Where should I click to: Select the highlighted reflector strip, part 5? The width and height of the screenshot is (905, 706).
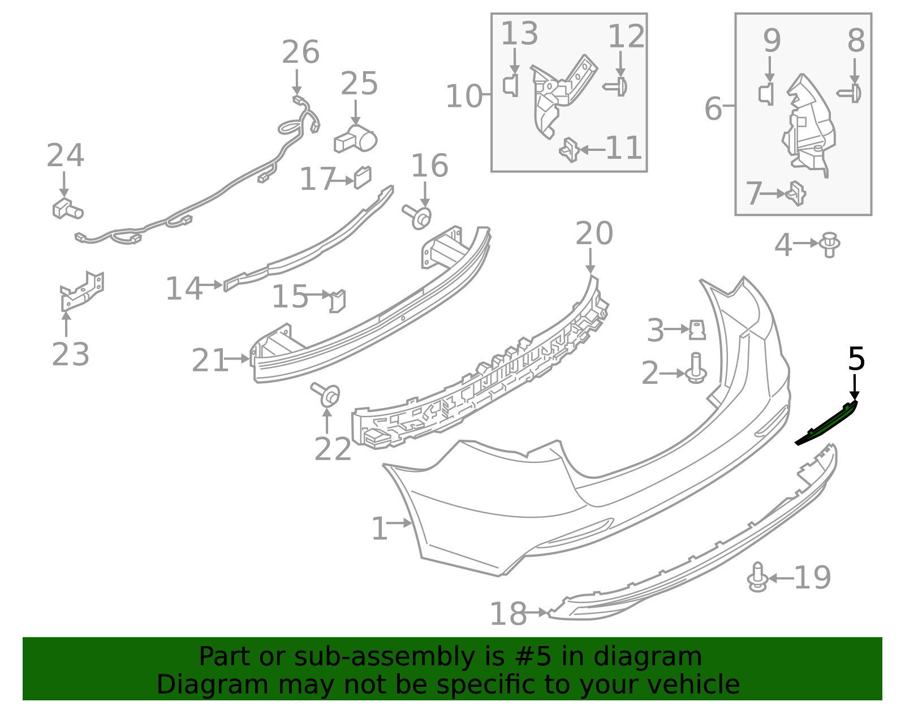click(827, 423)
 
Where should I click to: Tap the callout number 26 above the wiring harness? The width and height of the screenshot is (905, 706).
click(301, 52)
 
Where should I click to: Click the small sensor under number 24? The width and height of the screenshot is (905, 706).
click(67, 208)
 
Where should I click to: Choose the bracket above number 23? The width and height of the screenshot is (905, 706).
click(81, 291)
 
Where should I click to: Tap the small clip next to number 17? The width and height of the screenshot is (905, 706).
click(363, 177)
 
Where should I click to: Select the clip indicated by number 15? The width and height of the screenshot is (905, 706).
click(338, 301)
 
